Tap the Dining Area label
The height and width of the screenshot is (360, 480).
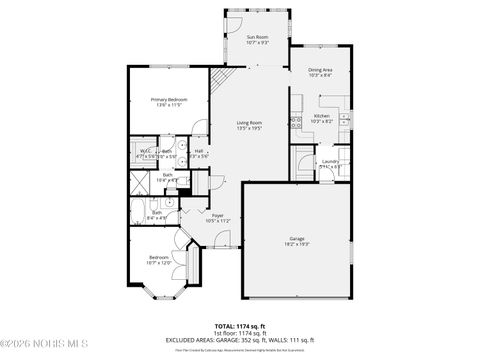pyautogui.click(x=320, y=70)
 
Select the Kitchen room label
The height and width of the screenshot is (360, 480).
pyautogui.click(x=321, y=116)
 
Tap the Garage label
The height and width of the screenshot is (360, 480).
pyautogui.click(x=297, y=238)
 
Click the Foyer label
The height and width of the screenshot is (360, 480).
pyautogui.click(x=217, y=215)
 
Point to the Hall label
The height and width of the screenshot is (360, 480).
pyautogui.click(x=199, y=152)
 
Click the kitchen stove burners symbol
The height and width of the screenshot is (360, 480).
pyautogui.click(x=296, y=123)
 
